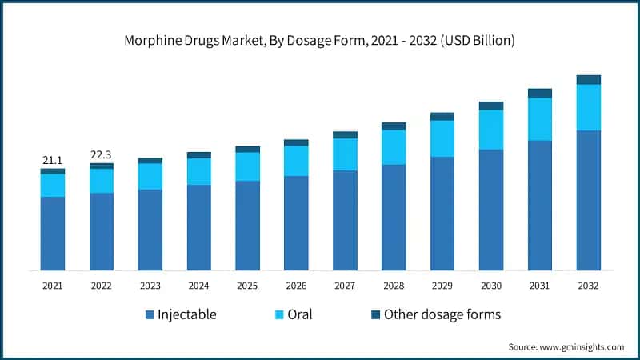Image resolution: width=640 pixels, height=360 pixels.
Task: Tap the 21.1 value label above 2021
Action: pos(53,161)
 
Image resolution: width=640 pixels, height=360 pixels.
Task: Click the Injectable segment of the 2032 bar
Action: pos(588,200)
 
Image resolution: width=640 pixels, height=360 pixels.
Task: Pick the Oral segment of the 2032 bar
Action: pos(588,107)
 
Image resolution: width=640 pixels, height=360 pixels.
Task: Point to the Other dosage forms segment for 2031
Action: pos(540,93)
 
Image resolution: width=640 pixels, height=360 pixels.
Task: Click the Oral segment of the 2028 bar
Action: pos(394,147)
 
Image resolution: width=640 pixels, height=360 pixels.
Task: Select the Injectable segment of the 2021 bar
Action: pos(53,234)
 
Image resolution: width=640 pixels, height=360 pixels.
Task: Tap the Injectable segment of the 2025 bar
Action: pos(247,226)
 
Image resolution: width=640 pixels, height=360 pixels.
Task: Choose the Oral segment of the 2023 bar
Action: pos(150,176)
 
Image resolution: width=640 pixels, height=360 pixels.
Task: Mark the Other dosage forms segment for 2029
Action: pos(442,117)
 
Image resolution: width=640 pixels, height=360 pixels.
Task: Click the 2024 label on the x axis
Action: pos(198,286)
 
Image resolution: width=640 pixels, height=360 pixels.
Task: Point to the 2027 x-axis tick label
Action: pos(345,286)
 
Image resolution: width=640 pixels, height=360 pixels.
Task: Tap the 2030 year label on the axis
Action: pos(491,286)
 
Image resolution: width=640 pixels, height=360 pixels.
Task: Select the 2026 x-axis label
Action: pos(296,286)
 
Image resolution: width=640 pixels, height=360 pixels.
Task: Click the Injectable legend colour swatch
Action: pos(150,315)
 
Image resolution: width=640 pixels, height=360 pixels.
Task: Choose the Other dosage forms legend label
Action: pos(442,314)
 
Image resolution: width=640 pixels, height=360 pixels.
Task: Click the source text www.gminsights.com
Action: pos(566,346)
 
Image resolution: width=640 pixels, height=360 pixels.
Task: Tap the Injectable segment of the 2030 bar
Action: pos(491,210)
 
